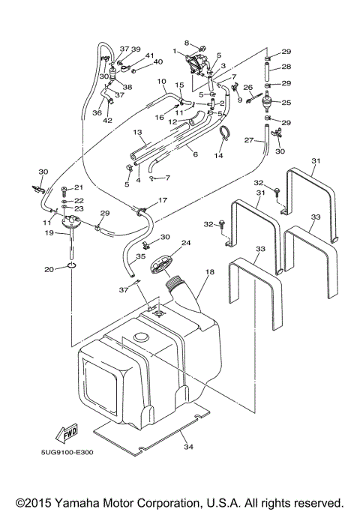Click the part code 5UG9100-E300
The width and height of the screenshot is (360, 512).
pos(67,452)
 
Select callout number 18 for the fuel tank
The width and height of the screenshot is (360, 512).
pos(209,272)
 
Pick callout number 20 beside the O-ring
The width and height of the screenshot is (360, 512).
pos(47,269)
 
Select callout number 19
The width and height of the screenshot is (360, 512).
pos(48,233)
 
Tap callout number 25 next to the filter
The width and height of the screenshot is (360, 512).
pos(285,102)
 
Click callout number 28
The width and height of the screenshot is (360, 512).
pos(285,67)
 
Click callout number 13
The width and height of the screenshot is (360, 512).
pos(137,132)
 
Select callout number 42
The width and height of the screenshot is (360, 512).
pos(107,121)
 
